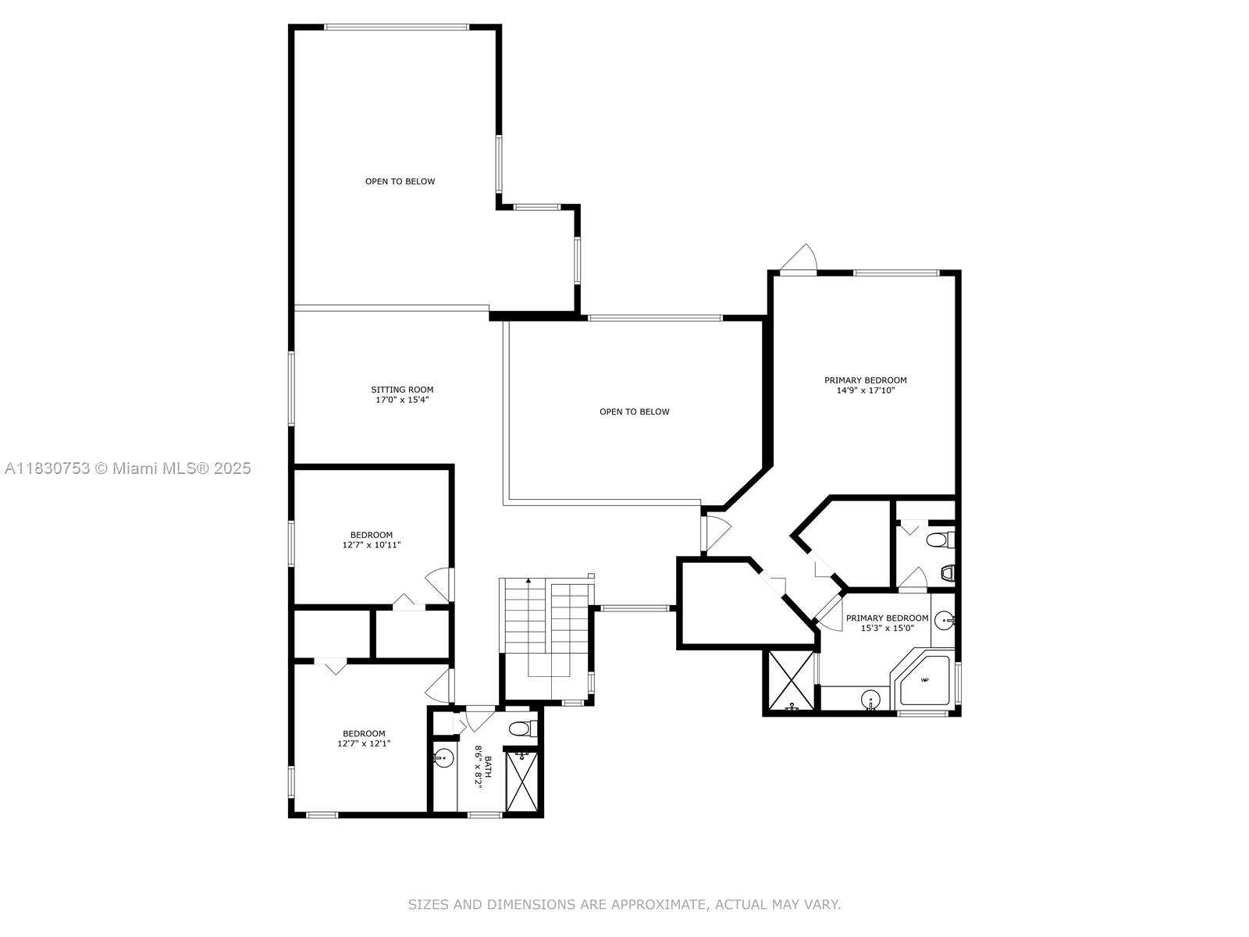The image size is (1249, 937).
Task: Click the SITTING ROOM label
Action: click(402, 390)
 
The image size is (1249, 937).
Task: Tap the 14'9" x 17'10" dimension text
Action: click(866, 390)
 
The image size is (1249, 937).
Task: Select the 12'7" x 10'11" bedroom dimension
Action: click(371, 545)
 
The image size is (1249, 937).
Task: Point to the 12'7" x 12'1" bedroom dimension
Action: click(364, 743)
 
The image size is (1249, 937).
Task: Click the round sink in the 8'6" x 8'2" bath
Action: click(443, 757)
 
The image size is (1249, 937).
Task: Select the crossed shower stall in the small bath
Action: click(521, 781)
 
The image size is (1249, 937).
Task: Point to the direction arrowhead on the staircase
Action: click(528, 581)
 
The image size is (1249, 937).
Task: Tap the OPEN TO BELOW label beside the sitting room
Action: click(635, 412)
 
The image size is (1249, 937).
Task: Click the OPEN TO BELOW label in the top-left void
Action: click(400, 181)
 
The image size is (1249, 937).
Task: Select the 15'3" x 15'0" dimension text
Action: click(887, 628)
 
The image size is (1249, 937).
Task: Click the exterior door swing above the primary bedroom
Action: click(799, 259)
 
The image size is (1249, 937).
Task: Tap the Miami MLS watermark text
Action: click(128, 468)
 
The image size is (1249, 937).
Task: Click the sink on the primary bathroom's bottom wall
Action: click(870, 699)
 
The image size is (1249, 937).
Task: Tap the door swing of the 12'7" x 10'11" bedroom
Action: click(439, 584)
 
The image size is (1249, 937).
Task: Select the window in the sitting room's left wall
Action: click(291, 389)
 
